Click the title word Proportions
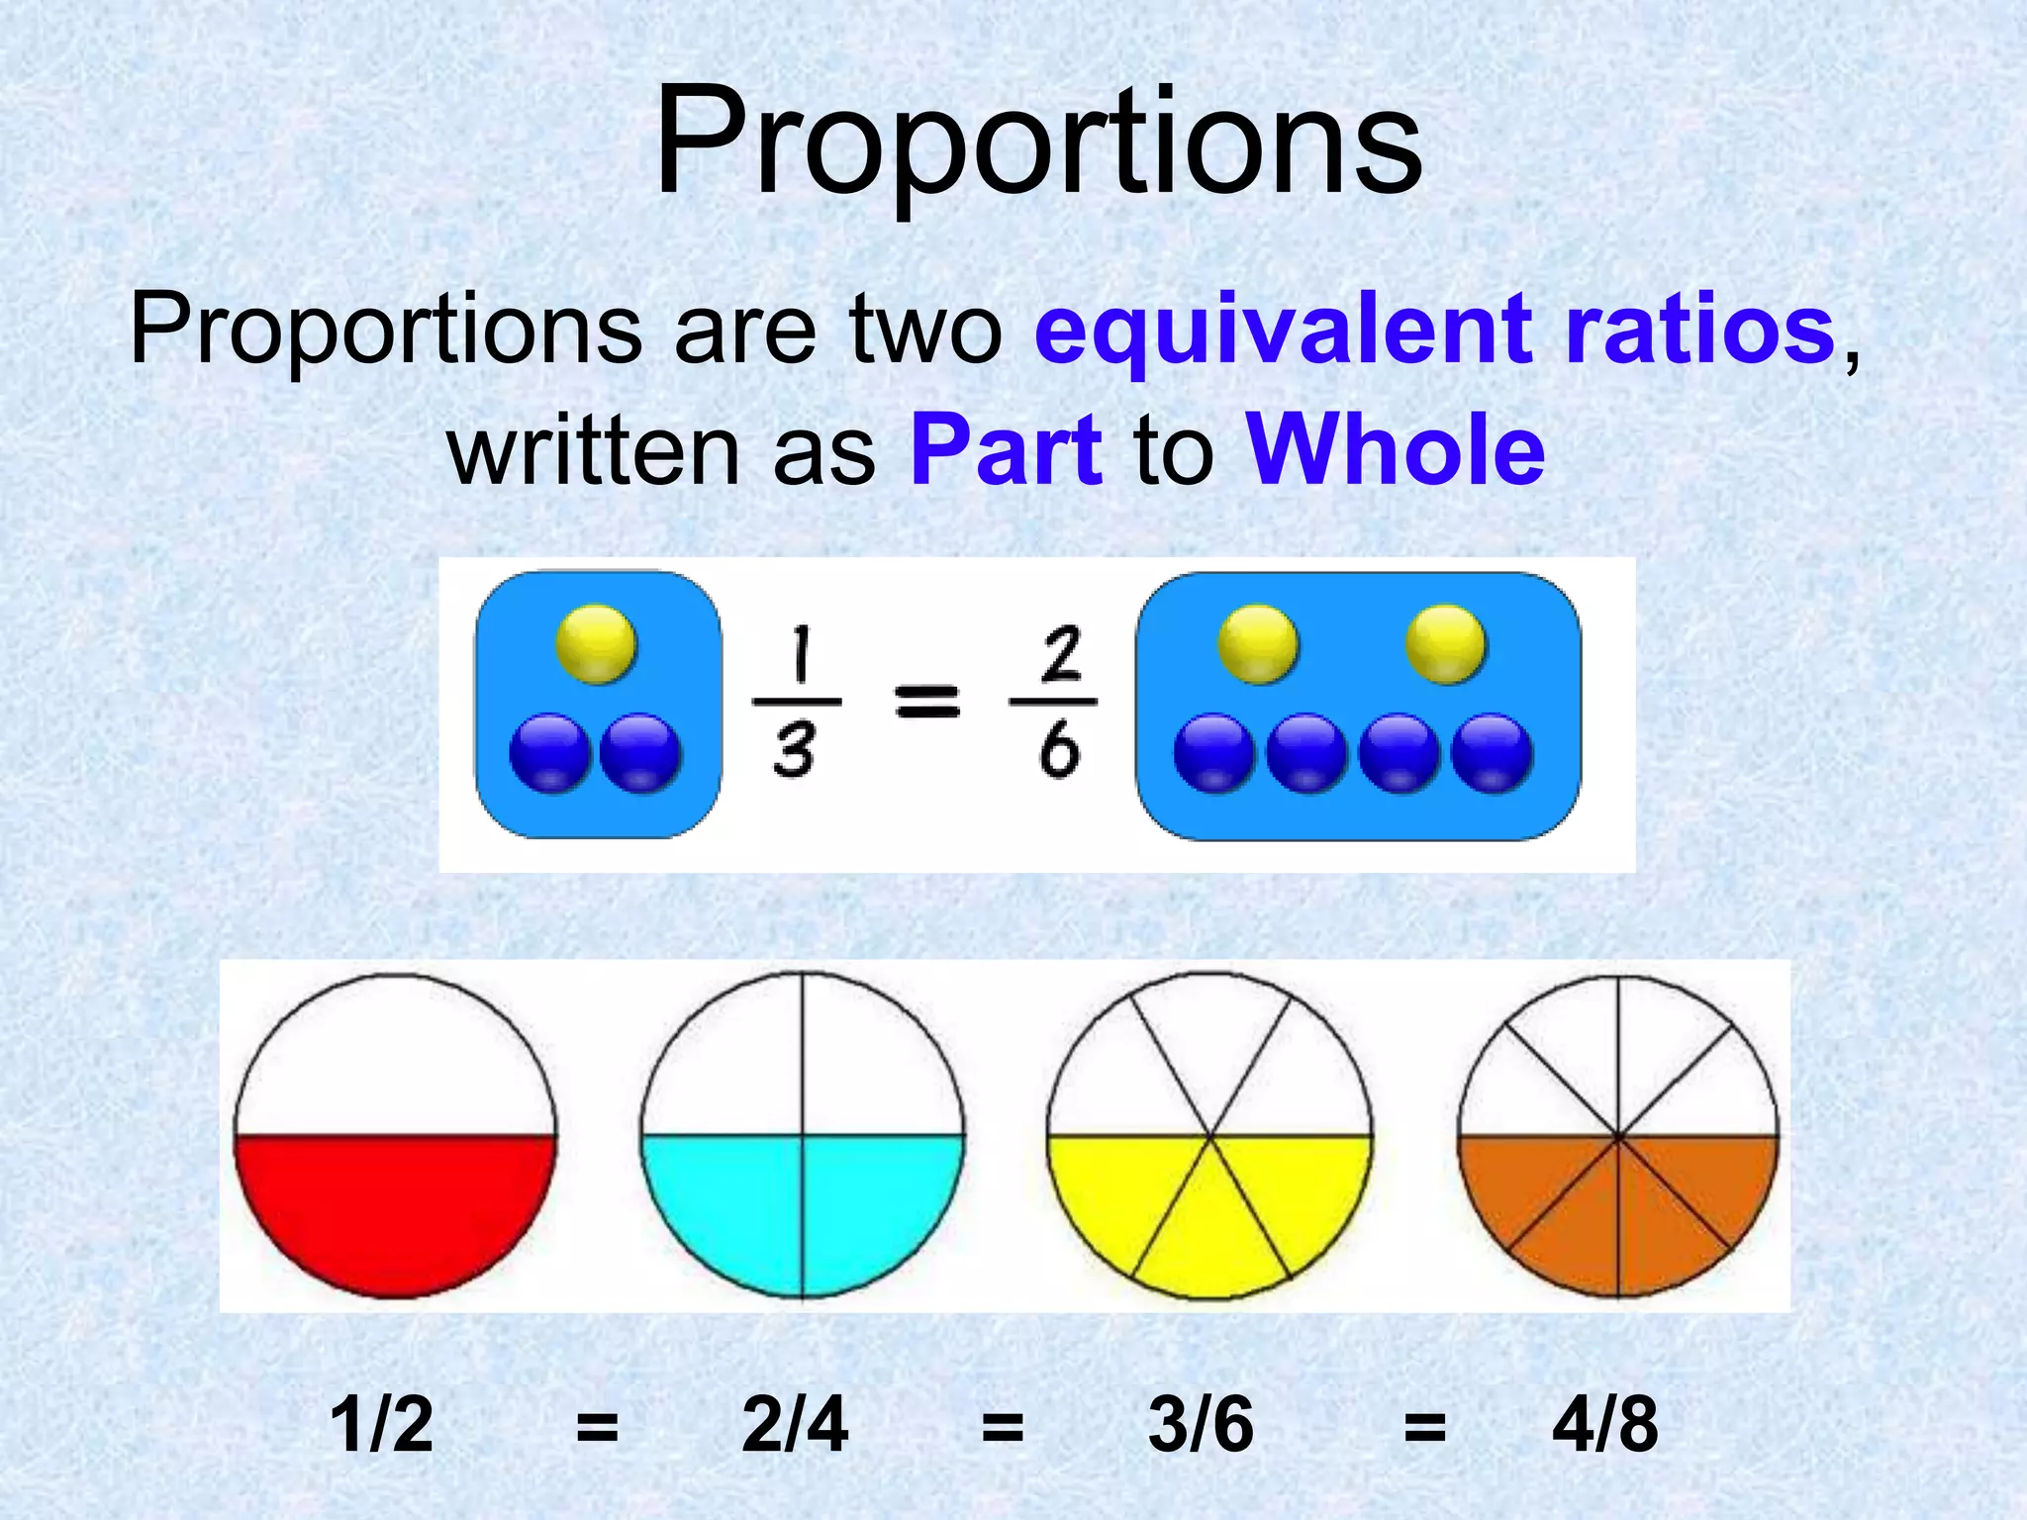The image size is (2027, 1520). pos(1037,143)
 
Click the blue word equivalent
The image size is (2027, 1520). pos(1283,329)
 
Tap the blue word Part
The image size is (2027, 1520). pos(1006,450)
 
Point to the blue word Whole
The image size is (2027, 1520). pos(1396,450)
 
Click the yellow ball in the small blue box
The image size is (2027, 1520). pos(596,645)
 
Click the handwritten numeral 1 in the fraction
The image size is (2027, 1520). pos(798,656)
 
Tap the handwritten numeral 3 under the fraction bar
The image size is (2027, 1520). pos(795,749)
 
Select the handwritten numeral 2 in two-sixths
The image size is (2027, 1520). pos(1060,654)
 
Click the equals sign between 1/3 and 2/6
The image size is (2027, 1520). pos(926,702)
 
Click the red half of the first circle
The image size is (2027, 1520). pos(395,1212)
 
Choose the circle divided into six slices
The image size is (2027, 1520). pos(1209,1135)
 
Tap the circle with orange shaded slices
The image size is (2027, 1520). pos(1617,1135)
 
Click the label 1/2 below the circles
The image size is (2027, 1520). pos(381,1425)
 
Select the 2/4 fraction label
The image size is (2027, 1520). pos(795,1425)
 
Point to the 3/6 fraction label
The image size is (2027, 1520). pos(1201,1425)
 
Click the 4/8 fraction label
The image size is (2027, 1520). pos(1604,1425)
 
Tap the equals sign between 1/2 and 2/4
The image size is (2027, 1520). pos(597,1428)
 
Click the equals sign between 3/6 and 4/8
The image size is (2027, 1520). pos(1425,1428)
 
